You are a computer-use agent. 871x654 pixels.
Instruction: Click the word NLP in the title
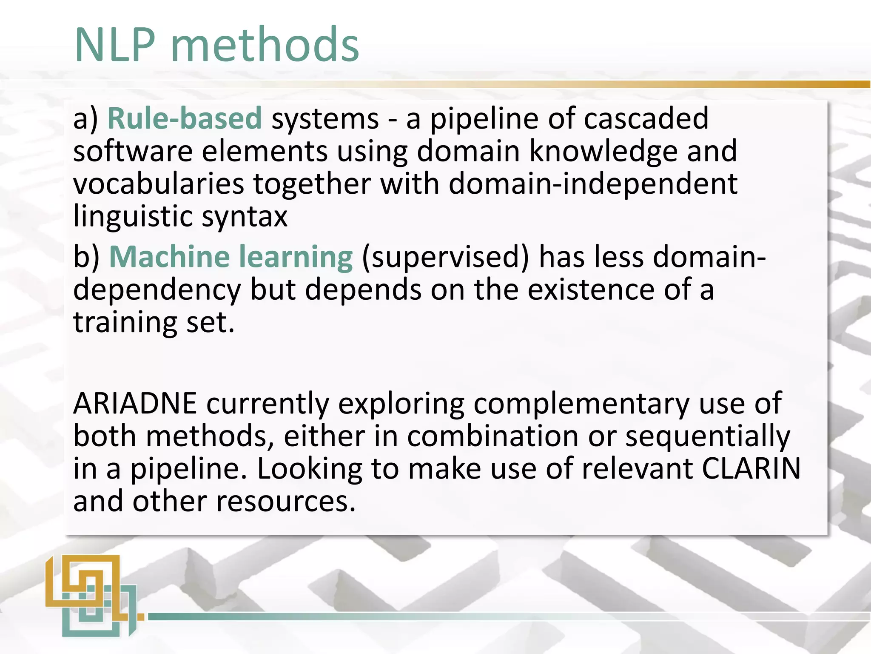[115, 45]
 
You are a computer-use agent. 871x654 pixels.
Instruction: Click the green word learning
[296, 257]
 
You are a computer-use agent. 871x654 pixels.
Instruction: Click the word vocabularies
[159, 184]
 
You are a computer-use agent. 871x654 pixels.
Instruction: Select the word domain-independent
[593, 184]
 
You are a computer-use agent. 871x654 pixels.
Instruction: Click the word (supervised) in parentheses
[445, 258]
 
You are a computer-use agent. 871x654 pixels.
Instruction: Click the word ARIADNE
[135, 403]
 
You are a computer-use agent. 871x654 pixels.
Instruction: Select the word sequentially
[707, 436]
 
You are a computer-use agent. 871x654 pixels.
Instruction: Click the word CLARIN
[751, 468]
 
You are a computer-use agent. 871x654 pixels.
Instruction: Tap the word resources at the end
[285, 501]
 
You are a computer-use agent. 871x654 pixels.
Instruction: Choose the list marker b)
[86, 258]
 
